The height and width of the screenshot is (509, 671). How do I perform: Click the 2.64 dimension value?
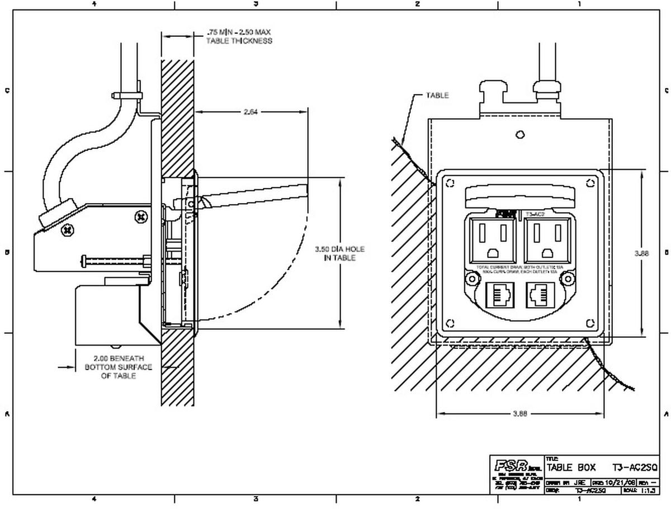point(251,112)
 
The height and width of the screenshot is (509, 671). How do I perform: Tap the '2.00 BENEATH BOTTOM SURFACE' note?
point(119,367)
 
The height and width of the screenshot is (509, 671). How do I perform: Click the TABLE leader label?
point(437,96)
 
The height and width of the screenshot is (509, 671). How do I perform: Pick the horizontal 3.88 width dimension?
point(519,414)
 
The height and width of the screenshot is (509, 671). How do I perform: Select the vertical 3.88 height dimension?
point(641,253)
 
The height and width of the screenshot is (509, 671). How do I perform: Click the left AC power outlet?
point(492,239)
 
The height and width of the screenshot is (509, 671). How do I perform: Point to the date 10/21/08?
point(621,481)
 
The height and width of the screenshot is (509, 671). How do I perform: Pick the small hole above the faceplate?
point(520,134)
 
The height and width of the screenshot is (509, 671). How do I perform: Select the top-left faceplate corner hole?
point(450,183)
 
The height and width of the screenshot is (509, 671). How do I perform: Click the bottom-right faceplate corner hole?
point(590,323)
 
